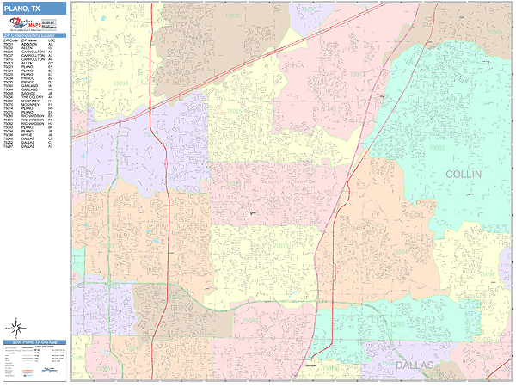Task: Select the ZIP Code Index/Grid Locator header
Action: [x=33, y=35]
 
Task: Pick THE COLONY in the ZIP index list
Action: [x=28, y=97]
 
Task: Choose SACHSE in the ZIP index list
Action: [x=25, y=94]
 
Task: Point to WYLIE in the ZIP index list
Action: [x=24, y=137]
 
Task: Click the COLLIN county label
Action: [x=464, y=174]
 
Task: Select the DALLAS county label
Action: [x=417, y=365]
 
